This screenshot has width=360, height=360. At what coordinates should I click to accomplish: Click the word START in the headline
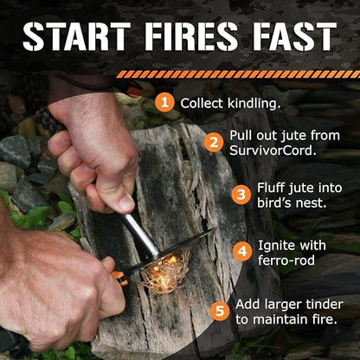point(76,36)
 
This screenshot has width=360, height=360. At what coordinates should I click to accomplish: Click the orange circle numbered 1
point(164,102)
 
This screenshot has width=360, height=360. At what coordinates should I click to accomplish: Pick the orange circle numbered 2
point(214,142)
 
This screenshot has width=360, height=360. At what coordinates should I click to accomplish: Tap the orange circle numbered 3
point(241,195)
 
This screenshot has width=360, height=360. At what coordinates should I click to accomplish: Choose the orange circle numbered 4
point(242,251)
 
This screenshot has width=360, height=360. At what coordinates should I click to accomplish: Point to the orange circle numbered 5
point(220,311)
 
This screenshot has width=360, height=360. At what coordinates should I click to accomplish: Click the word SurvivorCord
point(272,151)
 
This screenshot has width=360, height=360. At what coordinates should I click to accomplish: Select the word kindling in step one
point(254,104)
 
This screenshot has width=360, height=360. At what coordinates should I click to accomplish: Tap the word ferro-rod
point(286,260)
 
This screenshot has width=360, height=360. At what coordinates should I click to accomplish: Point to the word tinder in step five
point(323,305)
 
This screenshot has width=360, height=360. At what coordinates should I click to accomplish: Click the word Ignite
point(274,246)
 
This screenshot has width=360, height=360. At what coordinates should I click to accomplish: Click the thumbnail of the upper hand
point(126,202)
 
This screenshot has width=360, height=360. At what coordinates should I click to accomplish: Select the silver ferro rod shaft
point(141,236)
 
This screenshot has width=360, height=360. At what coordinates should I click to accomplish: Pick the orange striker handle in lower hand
point(120,277)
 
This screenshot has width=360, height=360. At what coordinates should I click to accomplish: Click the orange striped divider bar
point(238,74)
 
